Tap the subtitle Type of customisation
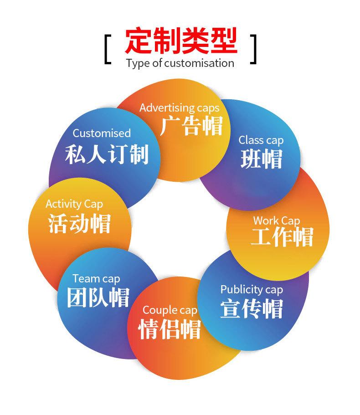point(180,63)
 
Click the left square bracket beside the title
point(108,48)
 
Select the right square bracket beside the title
point(254,48)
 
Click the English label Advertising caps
point(179,108)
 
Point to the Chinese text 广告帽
point(191,126)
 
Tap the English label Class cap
point(261,140)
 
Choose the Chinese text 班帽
point(261,159)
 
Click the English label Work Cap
point(277,221)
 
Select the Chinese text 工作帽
point(282,237)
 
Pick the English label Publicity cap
point(252,290)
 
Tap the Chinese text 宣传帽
point(252,308)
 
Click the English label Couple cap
point(170,310)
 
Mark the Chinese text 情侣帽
point(170,329)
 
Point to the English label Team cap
point(96,278)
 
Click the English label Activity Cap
point(74,204)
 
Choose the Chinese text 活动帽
point(79,223)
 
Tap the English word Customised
point(102,133)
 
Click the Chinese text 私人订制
point(107,154)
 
